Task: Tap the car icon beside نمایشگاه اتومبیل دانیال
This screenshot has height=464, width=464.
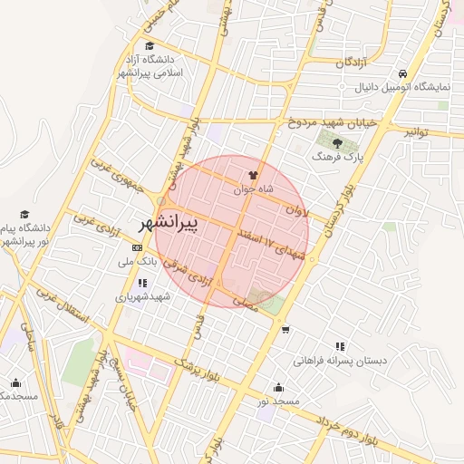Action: (x=402, y=75)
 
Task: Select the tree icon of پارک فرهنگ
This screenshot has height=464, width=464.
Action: (x=338, y=142)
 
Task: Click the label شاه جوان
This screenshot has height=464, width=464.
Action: (x=253, y=189)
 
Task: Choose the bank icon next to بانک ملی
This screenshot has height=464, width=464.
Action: (x=137, y=247)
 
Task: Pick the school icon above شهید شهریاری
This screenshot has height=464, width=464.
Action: (x=141, y=283)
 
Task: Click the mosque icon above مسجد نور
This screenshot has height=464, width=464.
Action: (x=277, y=388)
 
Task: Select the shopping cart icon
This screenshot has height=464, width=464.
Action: (x=285, y=330)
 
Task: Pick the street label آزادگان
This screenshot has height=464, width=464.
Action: (x=353, y=63)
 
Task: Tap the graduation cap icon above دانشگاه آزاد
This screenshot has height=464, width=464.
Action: (x=150, y=45)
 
